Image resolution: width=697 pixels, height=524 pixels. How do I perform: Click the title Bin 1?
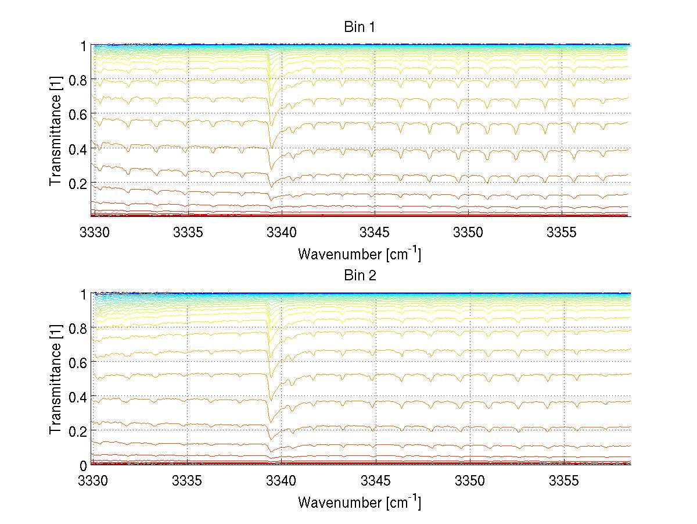[360, 27]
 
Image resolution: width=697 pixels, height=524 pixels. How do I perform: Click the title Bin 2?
[360, 276]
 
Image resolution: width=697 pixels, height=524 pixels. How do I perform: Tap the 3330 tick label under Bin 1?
[93, 232]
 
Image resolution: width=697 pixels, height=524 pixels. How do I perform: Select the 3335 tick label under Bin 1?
[187, 232]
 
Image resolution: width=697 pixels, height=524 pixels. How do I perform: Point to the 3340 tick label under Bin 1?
[281, 232]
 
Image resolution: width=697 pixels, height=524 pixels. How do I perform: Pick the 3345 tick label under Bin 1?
[375, 232]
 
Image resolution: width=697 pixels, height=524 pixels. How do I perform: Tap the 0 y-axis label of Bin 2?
[84, 465]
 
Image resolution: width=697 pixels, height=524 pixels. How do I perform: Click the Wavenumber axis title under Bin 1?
[360, 254]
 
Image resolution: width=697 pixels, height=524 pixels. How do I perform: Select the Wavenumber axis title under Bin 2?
[360, 502]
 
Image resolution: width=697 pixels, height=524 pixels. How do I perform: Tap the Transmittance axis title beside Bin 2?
[56, 380]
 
